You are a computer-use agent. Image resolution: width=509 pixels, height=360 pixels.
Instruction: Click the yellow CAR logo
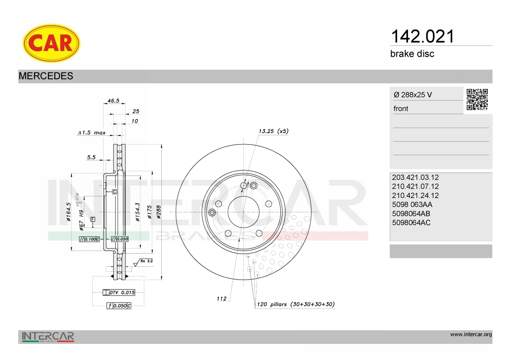point(51,43)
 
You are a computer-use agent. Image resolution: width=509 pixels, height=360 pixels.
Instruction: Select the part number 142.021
point(422,36)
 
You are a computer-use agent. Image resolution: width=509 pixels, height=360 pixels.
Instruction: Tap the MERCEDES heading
point(46,76)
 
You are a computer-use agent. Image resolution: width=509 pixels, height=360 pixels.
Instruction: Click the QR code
point(477,100)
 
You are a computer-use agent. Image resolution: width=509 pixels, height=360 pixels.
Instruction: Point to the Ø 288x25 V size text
point(413,95)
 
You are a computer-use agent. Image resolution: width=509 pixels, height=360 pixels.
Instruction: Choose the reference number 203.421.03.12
point(415,177)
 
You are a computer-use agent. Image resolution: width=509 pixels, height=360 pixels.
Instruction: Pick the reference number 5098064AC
point(411,223)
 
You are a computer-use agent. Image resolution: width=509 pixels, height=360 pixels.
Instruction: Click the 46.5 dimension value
point(113,100)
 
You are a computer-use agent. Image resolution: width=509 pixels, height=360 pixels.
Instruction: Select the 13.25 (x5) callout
point(274,131)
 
